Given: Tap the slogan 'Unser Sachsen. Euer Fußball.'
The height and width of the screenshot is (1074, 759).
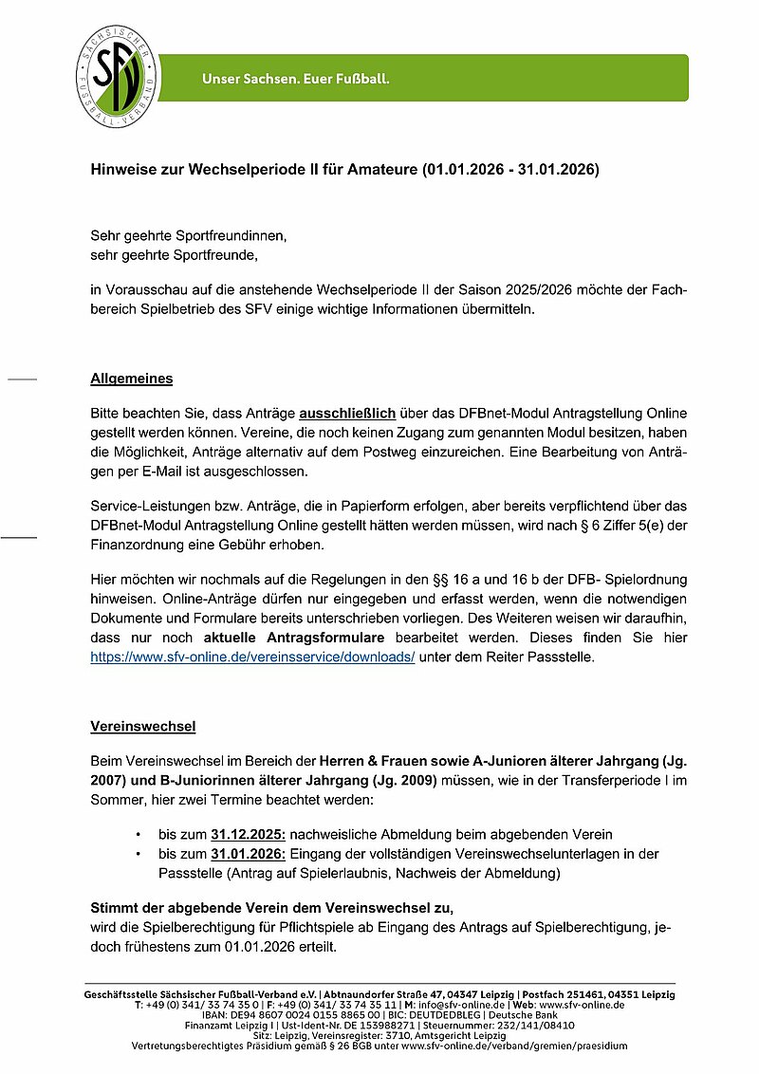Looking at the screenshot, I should pyautogui.click(x=295, y=78).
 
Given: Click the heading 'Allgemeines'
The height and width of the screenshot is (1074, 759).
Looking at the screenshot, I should pyautogui.click(x=131, y=379).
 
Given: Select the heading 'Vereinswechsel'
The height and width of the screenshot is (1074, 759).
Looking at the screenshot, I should pyautogui.click(x=142, y=727).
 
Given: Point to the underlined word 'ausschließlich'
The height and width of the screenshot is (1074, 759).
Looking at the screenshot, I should pyautogui.click(x=347, y=416).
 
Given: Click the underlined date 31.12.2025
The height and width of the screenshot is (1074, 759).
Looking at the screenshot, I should pyautogui.click(x=249, y=834).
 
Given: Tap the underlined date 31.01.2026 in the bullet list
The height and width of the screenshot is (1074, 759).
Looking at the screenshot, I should pyautogui.click(x=249, y=854).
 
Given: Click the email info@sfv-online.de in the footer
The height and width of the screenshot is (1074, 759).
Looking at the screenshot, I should pyautogui.click(x=458, y=1004).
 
